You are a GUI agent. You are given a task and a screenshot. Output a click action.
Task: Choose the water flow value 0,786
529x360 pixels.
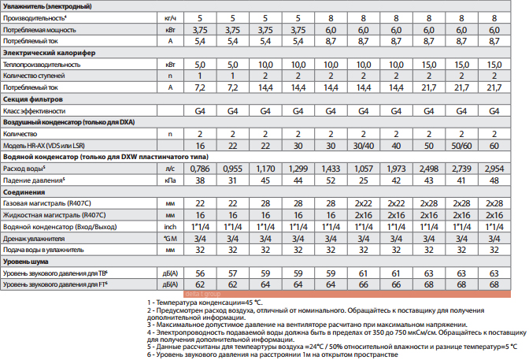coord(200,168)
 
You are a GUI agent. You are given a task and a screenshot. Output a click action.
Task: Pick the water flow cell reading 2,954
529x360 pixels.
coord(494,168)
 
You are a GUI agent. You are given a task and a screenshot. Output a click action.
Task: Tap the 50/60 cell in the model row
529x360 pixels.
coord(461,146)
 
